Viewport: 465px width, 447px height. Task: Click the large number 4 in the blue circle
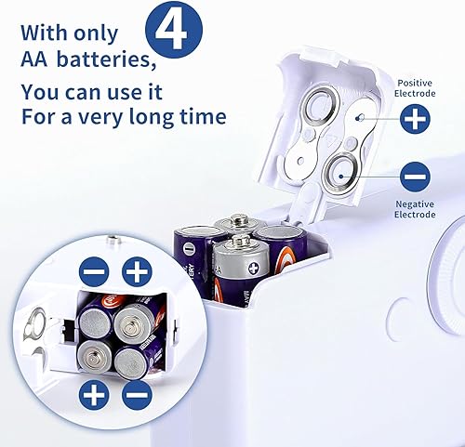[x=170, y=31]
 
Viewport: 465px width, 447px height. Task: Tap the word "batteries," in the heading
[x=107, y=59]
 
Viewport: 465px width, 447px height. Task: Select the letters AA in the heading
[x=34, y=59]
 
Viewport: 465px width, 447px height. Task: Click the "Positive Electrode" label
[x=415, y=88]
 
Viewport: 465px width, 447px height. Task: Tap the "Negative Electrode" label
[x=415, y=209]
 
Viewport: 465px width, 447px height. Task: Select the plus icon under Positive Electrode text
[x=415, y=119]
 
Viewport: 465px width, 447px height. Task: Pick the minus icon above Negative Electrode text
[x=415, y=177]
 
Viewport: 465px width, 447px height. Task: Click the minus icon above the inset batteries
[x=94, y=271]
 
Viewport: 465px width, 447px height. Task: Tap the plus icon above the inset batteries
[x=137, y=271]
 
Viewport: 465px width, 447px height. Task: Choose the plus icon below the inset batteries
[x=94, y=395]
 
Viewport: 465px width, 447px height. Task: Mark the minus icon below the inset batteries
[x=137, y=395]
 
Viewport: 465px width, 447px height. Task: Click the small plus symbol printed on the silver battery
[x=254, y=268]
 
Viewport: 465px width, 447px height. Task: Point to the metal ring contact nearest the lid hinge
[x=340, y=174]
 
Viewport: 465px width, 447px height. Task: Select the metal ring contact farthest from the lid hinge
[x=321, y=109]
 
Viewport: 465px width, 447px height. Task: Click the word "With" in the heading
[x=44, y=33]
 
